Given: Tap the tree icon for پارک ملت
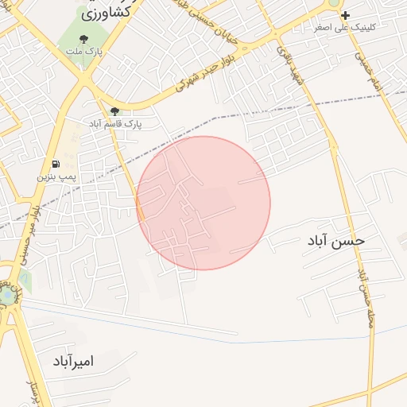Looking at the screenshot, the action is click(x=83, y=39).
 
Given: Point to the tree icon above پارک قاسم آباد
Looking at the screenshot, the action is click(x=115, y=111).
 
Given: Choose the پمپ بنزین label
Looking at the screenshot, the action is click(x=54, y=176).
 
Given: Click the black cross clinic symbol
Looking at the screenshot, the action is click(x=345, y=15).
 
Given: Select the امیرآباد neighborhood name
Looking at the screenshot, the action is click(x=73, y=362).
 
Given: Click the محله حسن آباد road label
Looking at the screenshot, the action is click(x=366, y=295).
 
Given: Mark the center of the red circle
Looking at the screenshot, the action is click(x=203, y=203).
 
